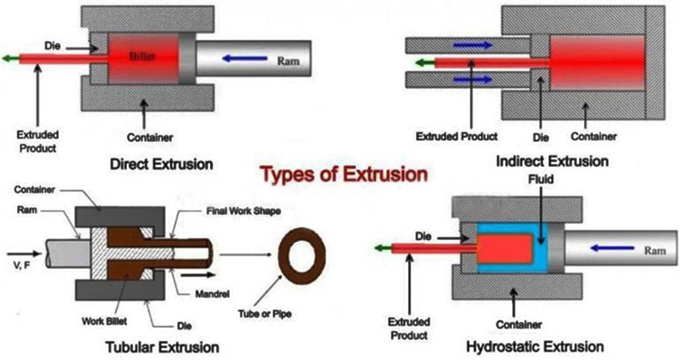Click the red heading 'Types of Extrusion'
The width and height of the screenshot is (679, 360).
click(345, 175)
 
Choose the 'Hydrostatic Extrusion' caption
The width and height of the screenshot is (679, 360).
click(535, 347)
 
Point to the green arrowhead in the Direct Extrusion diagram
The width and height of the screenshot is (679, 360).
click(6, 58)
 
